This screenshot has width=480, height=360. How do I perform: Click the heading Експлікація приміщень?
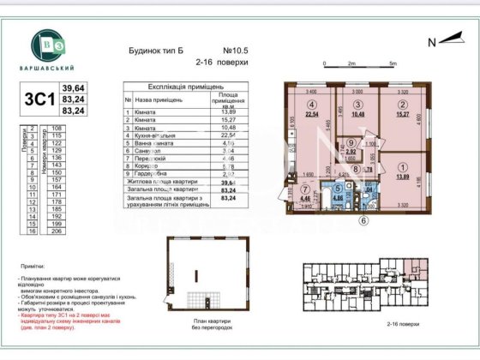[x=186, y=87]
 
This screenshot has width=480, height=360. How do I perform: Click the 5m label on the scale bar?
[x=393, y=63]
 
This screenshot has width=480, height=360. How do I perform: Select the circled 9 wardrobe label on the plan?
[x=351, y=144]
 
